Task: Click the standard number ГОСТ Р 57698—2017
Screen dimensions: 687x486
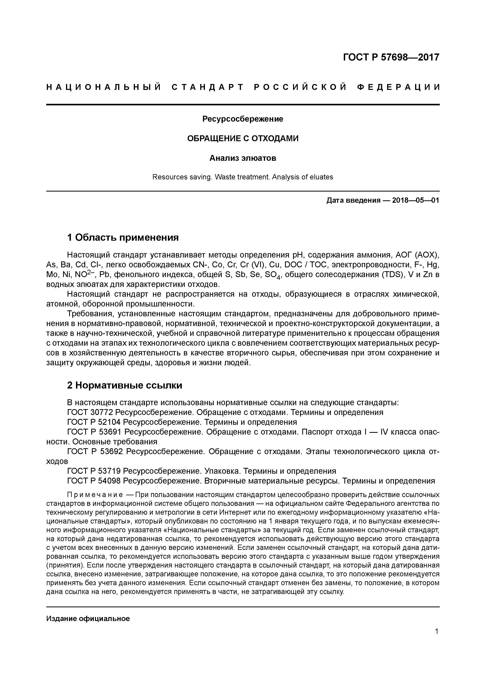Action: pos(391,57)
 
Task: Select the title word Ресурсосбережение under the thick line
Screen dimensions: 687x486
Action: pos(243,119)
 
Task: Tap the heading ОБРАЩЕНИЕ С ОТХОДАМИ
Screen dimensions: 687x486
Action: pos(243,138)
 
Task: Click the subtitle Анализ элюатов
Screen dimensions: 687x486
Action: pos(243,158)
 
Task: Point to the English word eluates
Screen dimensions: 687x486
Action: pos(322,177)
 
